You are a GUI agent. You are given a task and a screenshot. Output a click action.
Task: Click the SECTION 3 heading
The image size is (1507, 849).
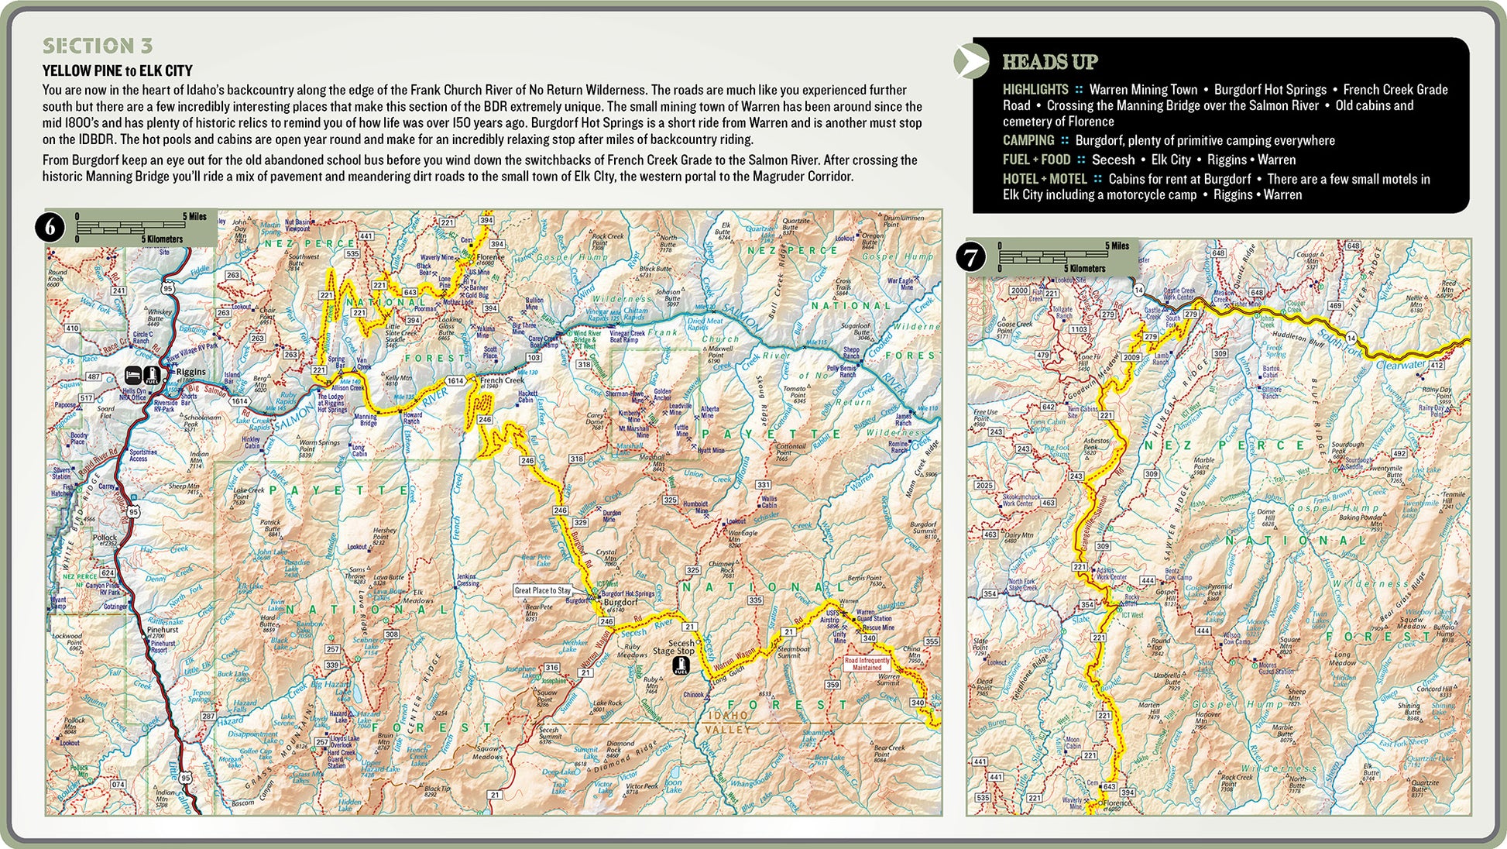(x=98, y=46)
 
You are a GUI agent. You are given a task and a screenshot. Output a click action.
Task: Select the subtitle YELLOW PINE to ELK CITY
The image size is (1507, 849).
(x=117, y=70)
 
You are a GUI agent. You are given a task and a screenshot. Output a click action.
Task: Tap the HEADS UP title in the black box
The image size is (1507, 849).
(x=1049, y=62)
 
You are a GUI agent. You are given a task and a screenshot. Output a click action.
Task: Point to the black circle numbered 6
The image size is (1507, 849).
(x=51, y=228)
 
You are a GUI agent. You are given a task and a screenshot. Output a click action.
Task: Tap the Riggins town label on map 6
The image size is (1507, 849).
(x=191, y=371)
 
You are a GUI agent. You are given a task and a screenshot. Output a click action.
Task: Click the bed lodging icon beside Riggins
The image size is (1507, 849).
(x=133, y=375)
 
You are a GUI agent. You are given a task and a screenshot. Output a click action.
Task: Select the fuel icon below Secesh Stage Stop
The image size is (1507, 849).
(x=681, y=665)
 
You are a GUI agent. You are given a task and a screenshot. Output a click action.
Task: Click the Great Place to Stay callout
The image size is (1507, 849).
(x=542, y=590)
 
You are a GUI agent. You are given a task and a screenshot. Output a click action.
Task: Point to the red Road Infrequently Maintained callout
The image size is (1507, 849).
(x=867, y=664)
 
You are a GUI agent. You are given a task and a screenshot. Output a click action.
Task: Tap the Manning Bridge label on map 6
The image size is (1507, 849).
(x=366, y=420)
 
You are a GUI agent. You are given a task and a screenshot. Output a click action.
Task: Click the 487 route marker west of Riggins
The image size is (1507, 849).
(x=93, y=377)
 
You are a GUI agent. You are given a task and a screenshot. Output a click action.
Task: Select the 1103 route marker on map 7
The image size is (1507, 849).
(x=1079, y=329)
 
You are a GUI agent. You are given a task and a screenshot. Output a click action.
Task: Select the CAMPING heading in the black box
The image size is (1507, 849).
(x=1028, y=140)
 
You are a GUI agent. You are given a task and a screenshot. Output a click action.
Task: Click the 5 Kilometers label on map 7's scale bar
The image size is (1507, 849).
(x=1084, y=269)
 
